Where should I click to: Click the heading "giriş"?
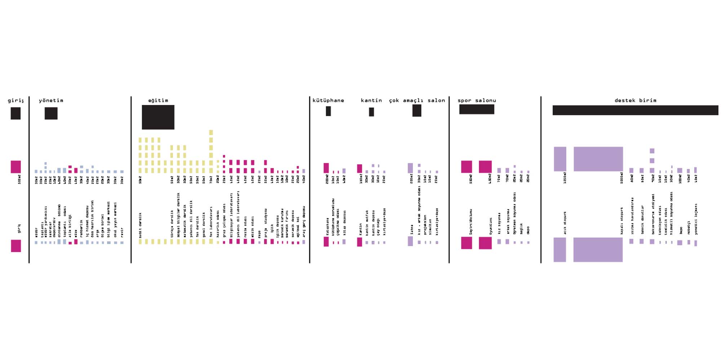[x=16, y=101]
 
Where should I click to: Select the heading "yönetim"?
[x=51, y=101]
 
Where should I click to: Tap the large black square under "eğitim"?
[x=158, y=117]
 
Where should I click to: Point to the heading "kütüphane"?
[x=328, y=101]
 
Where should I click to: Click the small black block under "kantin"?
[x=371, y=112]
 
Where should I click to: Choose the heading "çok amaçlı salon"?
[x=417, y=101]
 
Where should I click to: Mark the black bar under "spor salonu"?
[x=477, y=109]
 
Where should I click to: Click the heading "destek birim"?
[x=635, y=101]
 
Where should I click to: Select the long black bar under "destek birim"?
[x=635, y=110]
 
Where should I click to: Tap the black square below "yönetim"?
[x=51, y=113]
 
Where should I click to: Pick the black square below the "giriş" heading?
[x=16, y=113]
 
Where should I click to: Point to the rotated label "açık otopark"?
[x=565, y=223]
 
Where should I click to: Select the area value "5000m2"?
[x=622, y=178]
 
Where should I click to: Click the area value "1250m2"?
[x=565, y=178]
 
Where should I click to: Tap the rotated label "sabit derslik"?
[x=140, y=225]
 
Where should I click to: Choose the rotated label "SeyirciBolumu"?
[x=471, y=222]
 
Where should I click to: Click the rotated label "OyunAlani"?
[x=490, y=226]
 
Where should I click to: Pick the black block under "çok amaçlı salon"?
[x=417, y=111]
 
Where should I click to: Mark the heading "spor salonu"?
[x=477, y=101]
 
